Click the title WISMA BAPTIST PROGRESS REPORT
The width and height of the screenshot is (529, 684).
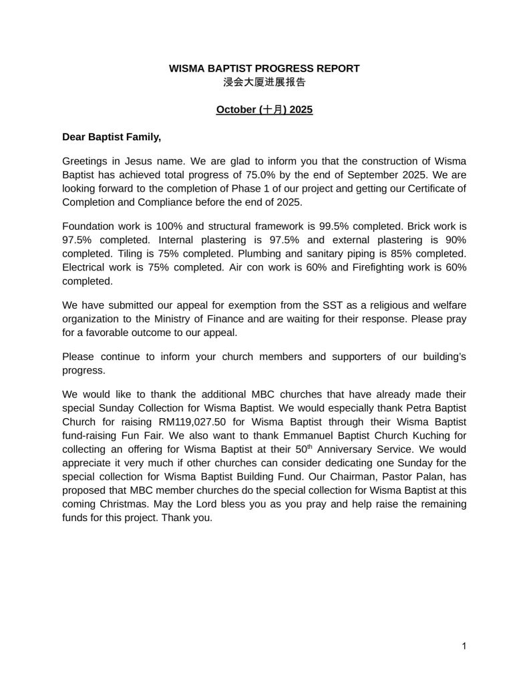[x=264, y=68]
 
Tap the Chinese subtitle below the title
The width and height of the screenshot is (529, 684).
[x=264, y=82]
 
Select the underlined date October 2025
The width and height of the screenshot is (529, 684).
[x=264, y=109]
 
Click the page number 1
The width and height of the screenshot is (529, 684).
[x=464, y=646]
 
